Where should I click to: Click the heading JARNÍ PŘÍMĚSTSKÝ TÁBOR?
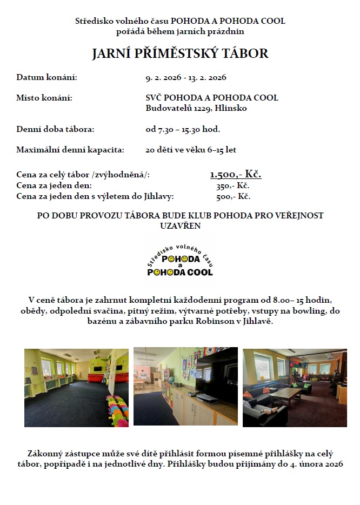click(180, 54)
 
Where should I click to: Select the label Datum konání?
click(47, 78)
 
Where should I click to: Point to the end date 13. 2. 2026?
click(207, 78)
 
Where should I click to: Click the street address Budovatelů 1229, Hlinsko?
click(196, 108)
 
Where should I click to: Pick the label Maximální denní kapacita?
click(70, 150)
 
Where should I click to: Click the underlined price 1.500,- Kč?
click(236, 174)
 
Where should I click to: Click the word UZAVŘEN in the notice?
click(180, 225)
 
